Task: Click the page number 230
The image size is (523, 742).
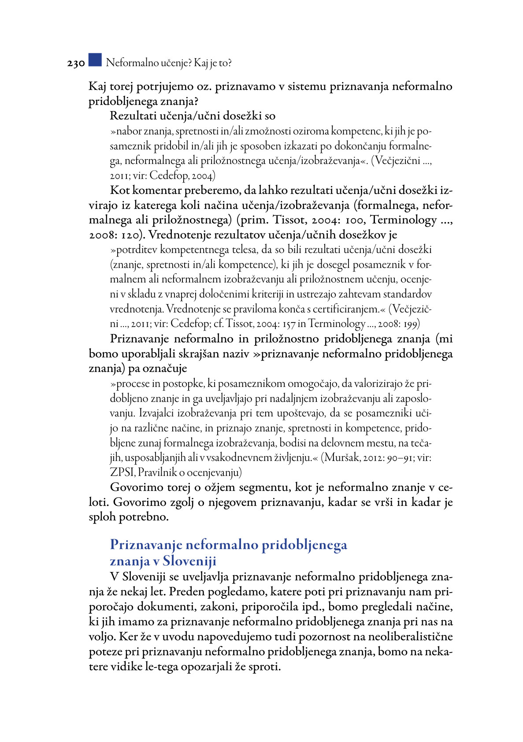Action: (x=76, y=63)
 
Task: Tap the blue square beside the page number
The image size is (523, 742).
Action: (x=95, y=60)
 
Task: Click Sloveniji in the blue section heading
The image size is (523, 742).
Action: (x=189, y=561)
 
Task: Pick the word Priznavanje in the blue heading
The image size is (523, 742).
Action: (x=146, y=545)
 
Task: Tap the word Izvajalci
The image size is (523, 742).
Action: (x=156, y=413)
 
